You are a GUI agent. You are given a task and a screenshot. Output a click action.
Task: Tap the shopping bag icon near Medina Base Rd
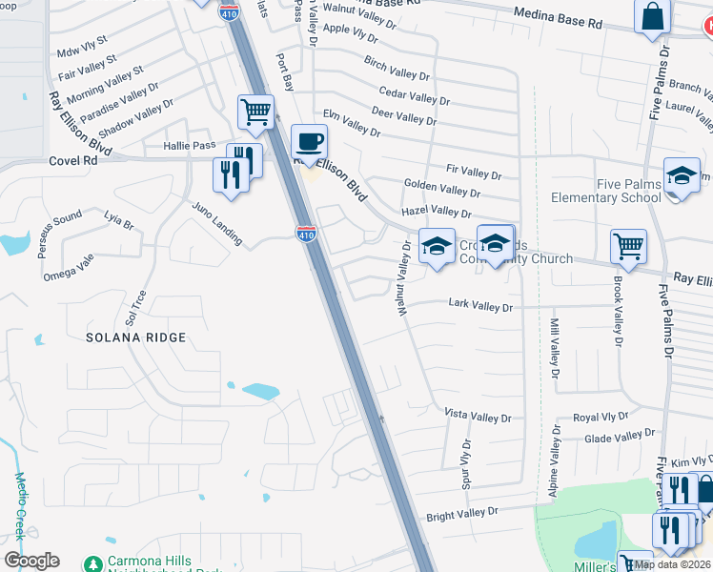tap(652, 17)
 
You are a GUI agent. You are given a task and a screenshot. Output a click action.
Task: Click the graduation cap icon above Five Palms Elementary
tap(682, 176)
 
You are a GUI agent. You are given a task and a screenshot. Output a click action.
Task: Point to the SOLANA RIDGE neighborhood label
tap(134, 337)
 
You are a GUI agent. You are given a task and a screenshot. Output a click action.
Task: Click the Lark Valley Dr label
tap(480, 307)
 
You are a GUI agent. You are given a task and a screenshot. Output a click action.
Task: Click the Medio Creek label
tap(19, 505)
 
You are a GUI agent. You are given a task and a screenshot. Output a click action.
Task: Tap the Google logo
tap(31, 561)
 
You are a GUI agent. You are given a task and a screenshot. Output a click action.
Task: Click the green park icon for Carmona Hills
tap(92, 563)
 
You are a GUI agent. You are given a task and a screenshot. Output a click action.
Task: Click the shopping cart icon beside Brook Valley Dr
tap(629, 248)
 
